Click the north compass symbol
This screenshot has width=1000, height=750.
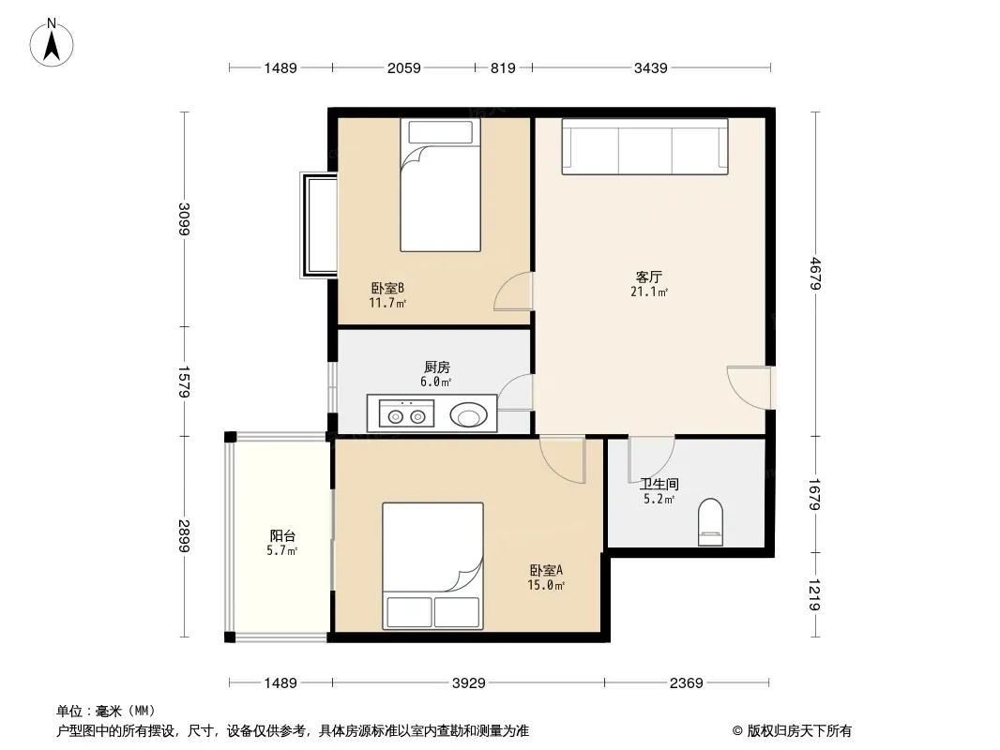click(52, 43)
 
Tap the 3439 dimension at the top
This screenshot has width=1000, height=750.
click(650, 67)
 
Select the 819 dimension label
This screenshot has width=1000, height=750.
click(503, 67)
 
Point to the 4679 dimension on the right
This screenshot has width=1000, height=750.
click(815, 274)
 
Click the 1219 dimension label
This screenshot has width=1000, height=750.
click(814, 594)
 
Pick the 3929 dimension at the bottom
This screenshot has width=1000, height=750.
click(469, 683)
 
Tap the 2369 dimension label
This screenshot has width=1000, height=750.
click(687, 683)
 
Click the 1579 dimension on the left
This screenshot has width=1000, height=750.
click(184, 381)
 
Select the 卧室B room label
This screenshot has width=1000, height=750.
click(387, 288)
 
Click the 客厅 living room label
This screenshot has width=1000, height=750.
click(648, 277)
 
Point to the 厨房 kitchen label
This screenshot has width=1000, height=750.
click(437, 367)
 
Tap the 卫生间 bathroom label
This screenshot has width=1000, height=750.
click(659, 485)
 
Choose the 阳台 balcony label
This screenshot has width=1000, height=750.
click(281, 536)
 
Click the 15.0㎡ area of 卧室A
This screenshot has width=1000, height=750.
click(546, 585)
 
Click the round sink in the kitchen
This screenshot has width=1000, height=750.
click(469, 415)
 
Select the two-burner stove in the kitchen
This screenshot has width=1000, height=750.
click(407, 413)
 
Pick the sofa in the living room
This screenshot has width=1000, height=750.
click(644, 146)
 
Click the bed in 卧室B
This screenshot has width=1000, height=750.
click(440, 185)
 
